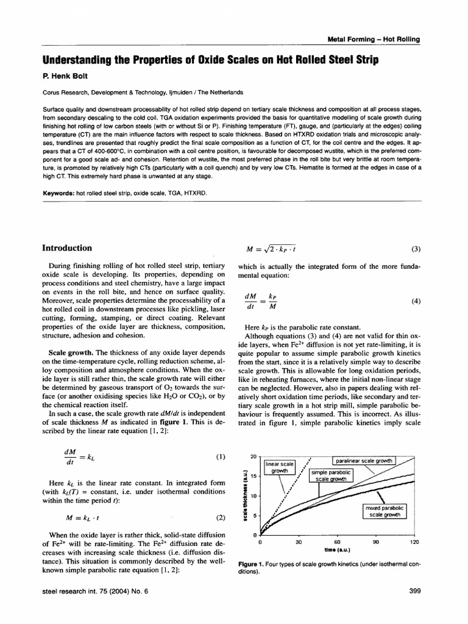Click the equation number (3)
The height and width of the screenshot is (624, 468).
coord(416,249)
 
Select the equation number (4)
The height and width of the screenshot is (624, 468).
coord(416,301)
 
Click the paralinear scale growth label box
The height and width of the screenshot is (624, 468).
coord(364,460)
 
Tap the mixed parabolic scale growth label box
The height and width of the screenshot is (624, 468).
coord(384,511)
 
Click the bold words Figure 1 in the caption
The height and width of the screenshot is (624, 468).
coord(250,565)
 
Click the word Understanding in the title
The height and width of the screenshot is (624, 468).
coord(80,61)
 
